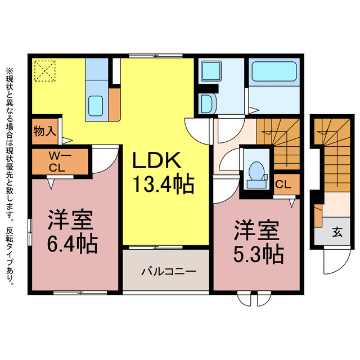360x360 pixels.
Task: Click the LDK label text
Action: pyautogui.click(x=157, y=162)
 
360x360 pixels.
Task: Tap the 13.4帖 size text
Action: pyautogui.click(x=163, y=183)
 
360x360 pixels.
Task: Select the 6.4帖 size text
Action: pyautogui.click(x=72, y=242)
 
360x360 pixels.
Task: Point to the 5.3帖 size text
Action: pyautogui.click(x=258, y=254)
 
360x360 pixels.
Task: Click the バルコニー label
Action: pyautogui.click(x=168, y=271)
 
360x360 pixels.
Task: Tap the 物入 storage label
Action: pyautogui.click(x=44, y=132)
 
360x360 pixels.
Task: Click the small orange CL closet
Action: pyautogui.click(x=283, y=184)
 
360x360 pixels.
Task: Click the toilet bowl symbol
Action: pyautogui.click(x=256, y=171)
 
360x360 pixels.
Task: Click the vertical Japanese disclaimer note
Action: pyautogui.click(x=10, y=175)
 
